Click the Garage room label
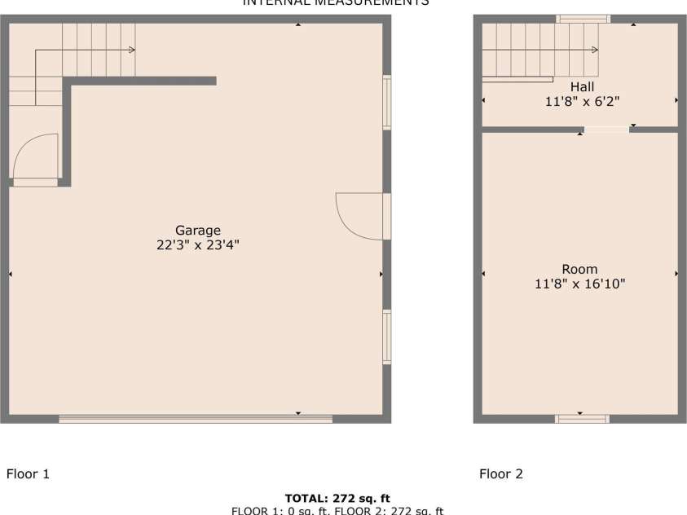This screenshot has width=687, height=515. point(198,231)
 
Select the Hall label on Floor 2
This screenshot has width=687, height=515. point(582,87)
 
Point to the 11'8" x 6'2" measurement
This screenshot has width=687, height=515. point(582,102)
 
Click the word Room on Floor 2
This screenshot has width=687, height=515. point(579,269)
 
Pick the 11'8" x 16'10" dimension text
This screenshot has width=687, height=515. point(579,284)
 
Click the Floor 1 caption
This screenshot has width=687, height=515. point(29,473)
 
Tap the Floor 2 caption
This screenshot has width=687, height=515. point(501,473)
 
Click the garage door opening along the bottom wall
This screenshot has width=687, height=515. point(196,419)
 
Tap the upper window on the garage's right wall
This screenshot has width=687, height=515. point(387,102)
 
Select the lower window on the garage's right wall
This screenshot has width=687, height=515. point(387,337)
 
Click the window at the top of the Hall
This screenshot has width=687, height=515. point(583,19)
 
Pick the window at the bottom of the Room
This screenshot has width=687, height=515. point(582,419)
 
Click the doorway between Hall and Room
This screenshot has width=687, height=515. point(606,129)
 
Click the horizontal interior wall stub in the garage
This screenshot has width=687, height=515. point(143,81)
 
